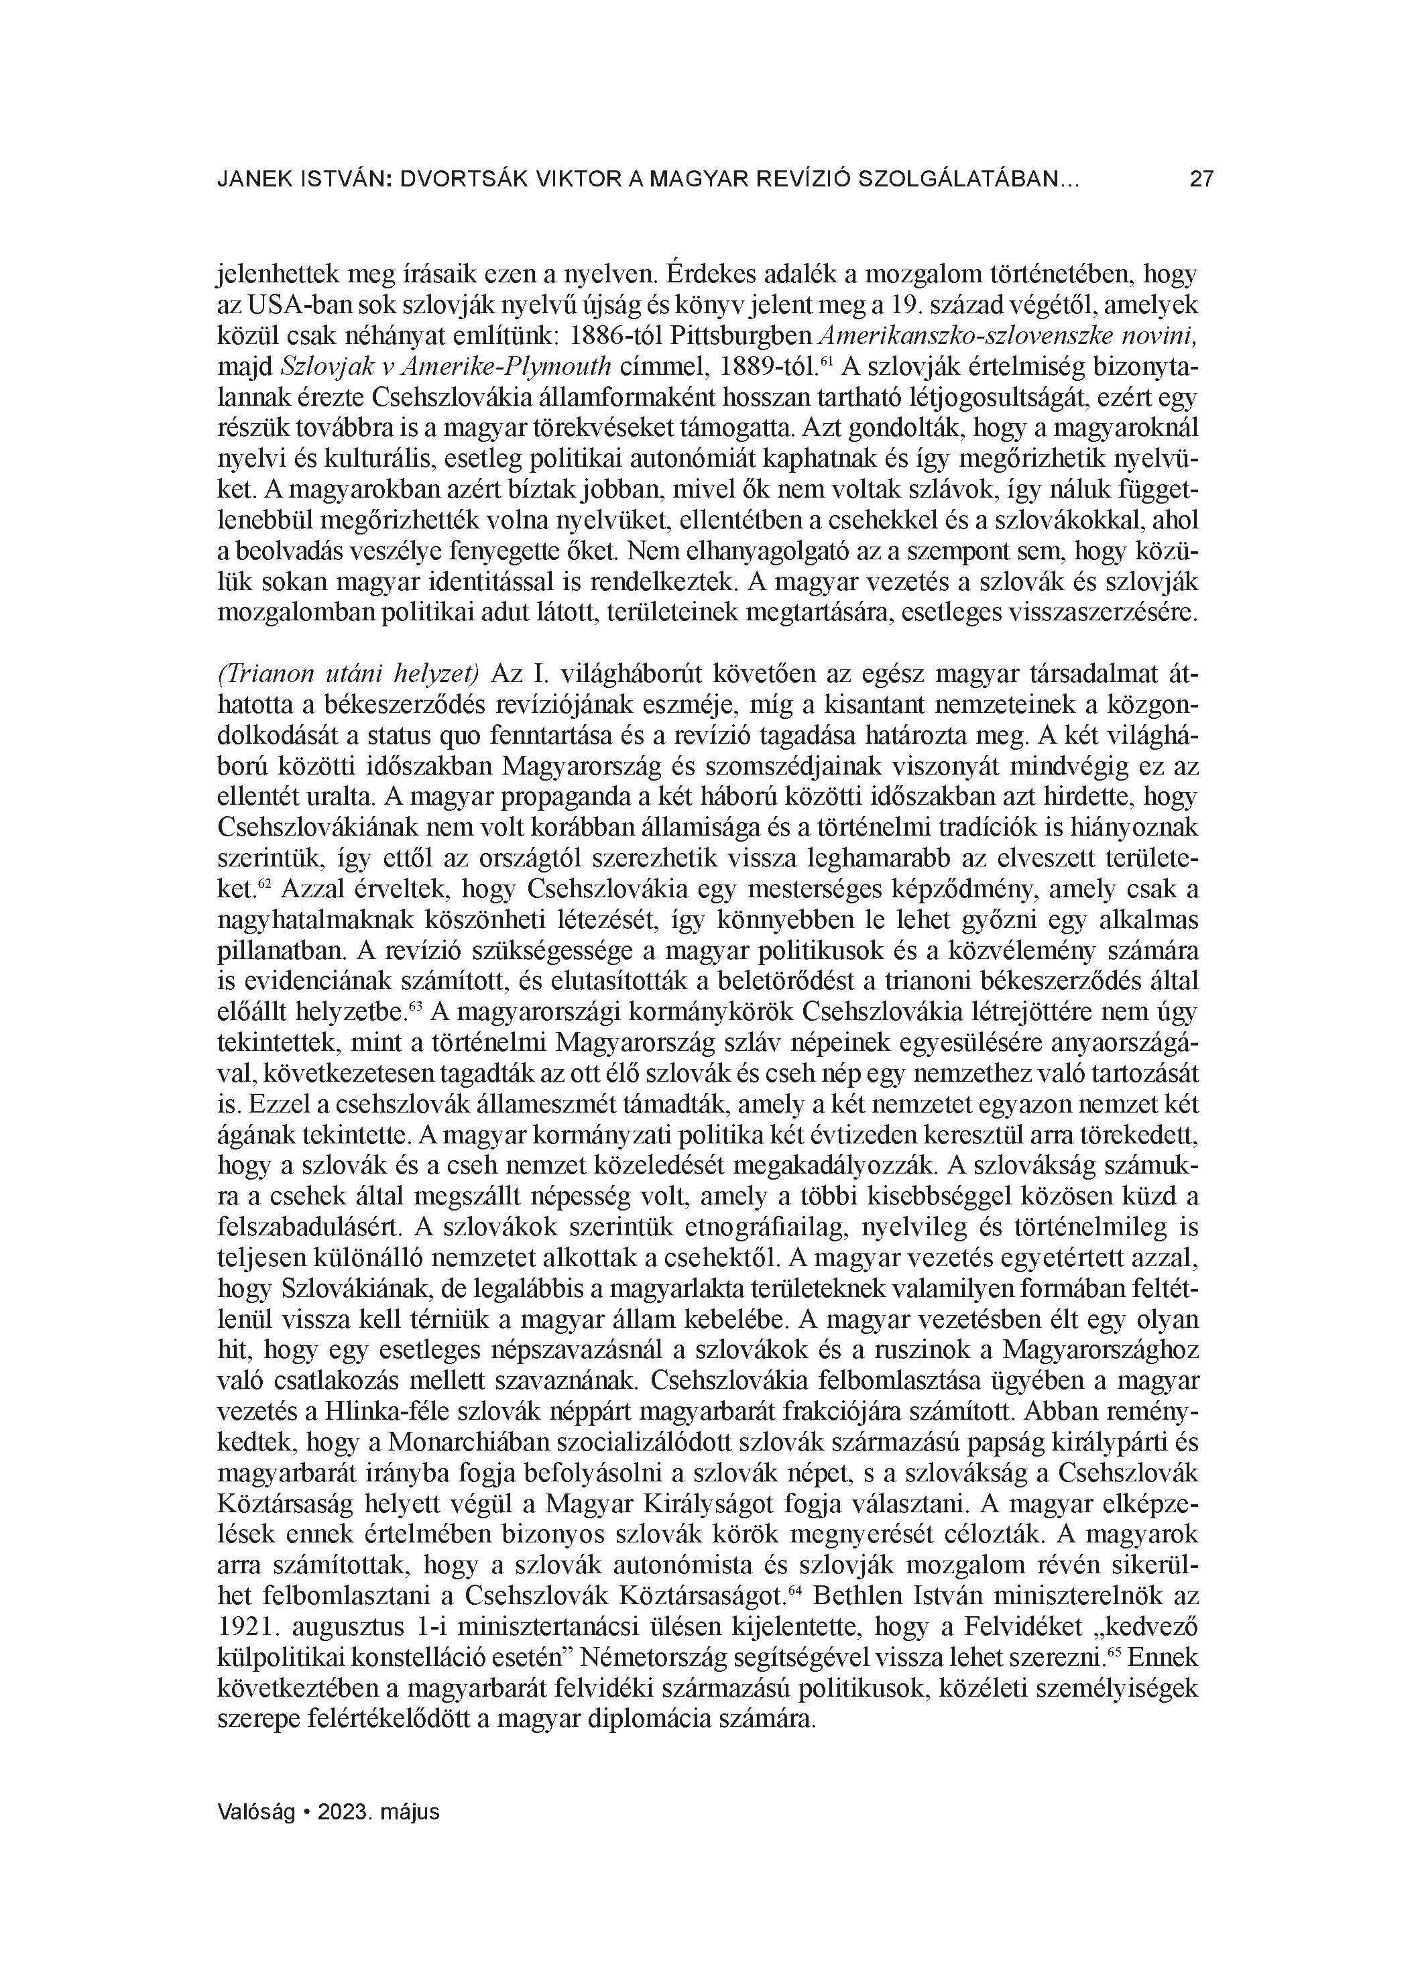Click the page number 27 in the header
[x=1201, y=180]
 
